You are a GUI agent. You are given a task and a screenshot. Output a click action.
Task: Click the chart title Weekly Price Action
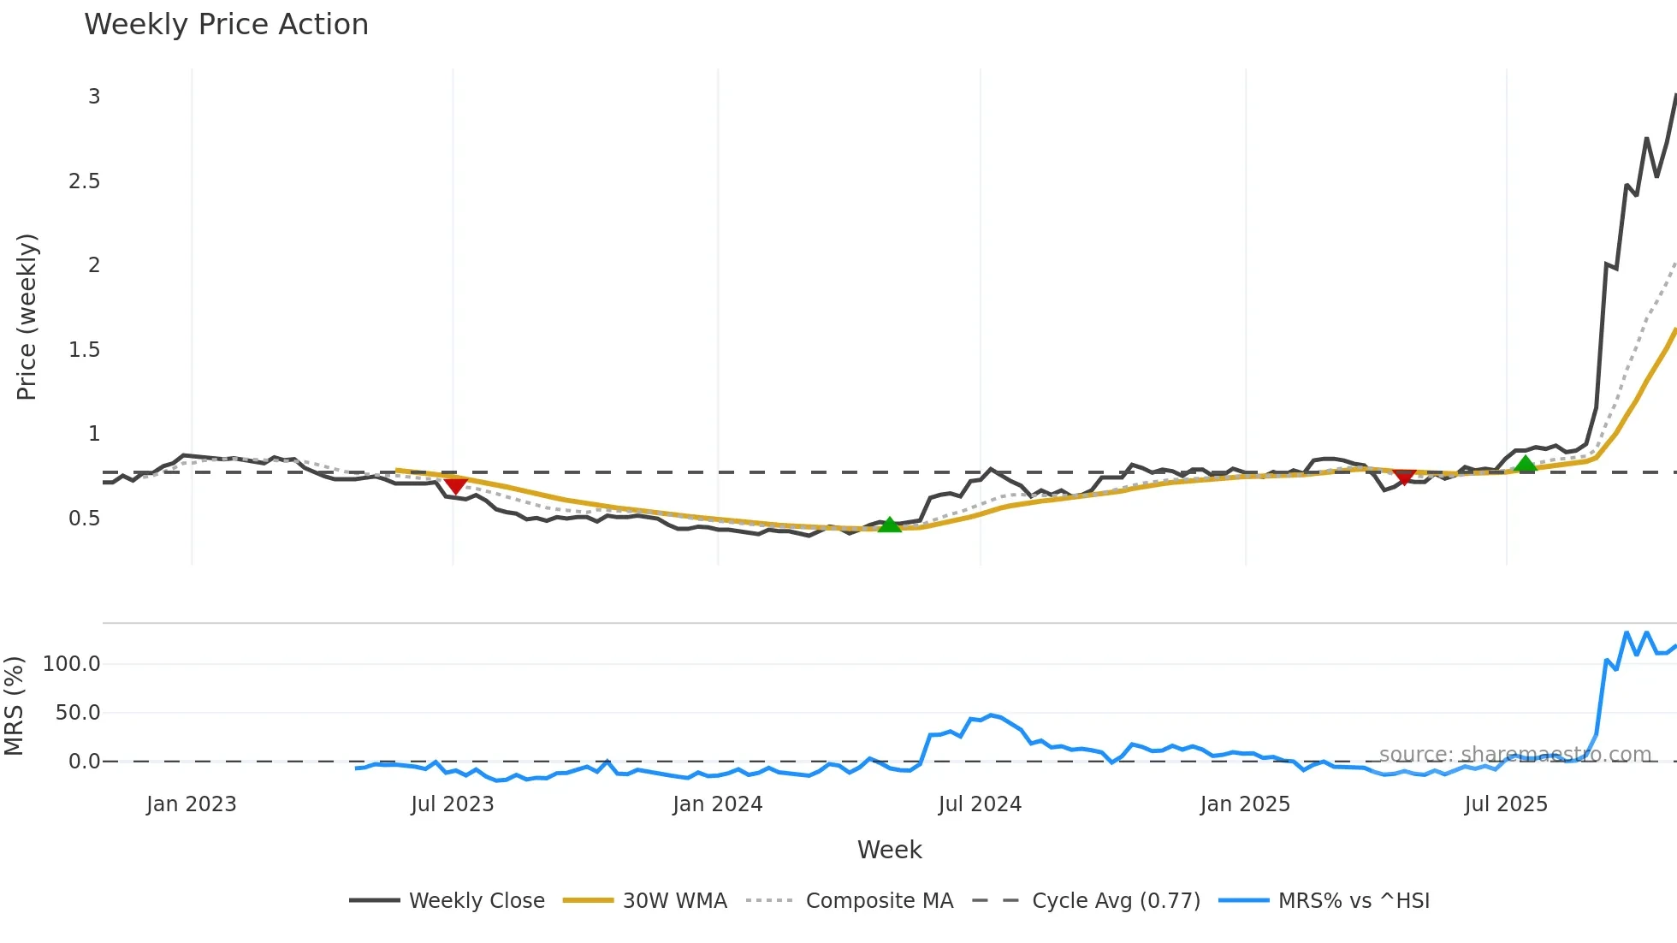226,25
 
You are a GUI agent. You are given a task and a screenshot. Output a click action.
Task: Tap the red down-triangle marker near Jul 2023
456,485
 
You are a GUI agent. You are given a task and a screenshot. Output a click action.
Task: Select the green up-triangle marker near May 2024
890,525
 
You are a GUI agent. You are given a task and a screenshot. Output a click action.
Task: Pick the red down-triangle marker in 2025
1404,476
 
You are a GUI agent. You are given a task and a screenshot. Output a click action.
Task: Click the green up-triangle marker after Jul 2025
1525,465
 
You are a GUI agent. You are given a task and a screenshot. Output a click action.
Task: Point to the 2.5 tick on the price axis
84,181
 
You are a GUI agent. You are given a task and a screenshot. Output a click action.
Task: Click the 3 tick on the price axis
94,97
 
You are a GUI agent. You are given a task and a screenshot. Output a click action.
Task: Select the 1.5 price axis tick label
84,350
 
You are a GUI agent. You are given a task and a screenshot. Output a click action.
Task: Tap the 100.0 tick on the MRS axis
71,664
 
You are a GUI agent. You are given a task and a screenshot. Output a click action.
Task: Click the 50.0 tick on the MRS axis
77,713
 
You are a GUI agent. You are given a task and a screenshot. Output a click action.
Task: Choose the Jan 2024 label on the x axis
717,804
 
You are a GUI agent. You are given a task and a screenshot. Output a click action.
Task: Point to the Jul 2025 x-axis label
1506,804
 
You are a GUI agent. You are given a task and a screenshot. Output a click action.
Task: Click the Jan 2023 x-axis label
191,804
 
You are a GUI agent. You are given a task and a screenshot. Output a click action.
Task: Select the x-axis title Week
889,850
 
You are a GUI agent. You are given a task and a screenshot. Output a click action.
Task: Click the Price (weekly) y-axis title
27,317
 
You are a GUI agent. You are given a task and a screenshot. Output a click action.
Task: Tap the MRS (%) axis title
14,706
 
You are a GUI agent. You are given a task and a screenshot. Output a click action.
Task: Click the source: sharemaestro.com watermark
1514,755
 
